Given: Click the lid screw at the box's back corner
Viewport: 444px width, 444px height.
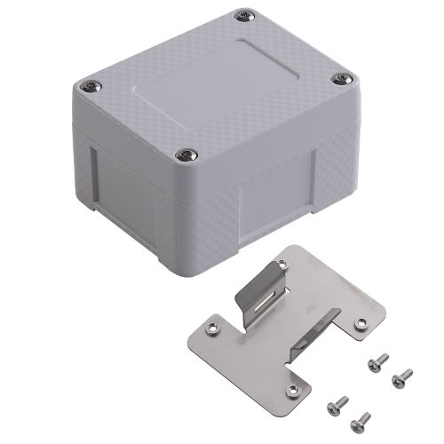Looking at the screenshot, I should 243,15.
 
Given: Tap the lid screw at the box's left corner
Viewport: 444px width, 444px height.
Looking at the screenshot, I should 91,86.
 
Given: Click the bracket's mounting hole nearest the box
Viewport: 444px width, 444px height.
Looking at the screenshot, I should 282,266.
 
